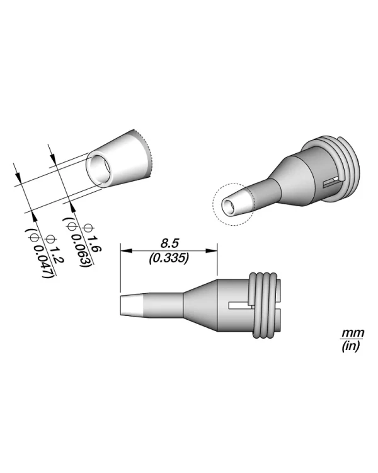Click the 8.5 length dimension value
coord(168,242)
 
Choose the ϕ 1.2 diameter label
coord(54,246)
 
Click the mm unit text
coord(349,333)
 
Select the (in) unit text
coord(349,346)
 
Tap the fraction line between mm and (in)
coord(349,339)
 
